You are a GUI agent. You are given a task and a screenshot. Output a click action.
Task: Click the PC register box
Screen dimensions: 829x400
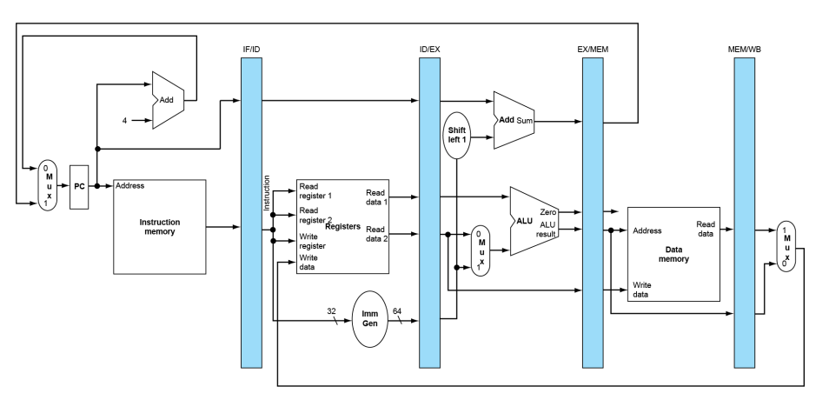pyautogui.click(x=79, y=187)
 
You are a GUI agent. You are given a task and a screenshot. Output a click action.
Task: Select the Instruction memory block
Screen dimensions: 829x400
pyautogui.click(x=160, y=227)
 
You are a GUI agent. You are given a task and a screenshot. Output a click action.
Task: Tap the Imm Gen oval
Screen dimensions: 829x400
pyautogui.click(x=370, y=319)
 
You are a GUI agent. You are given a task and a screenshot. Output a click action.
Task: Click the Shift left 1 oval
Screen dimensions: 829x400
pyautogui.click(x=456, y=135)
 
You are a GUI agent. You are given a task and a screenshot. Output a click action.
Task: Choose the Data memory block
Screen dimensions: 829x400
pyautogui.click(x=673, y=254)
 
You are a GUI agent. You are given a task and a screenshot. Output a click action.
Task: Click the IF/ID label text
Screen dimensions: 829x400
pyautogui.click(x=251, y=50)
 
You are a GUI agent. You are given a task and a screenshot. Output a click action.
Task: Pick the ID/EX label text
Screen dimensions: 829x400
pyautogui.click(x=430, y=50)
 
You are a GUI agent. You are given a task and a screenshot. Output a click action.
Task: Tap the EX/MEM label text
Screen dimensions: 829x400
pyautogui.click(x=593, y=50)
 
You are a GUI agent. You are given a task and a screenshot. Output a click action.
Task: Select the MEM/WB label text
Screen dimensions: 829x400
pyautogui.click(x=745, y=50)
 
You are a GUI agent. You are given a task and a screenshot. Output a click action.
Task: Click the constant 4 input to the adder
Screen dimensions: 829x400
pyautogui.click(x=125, y=121)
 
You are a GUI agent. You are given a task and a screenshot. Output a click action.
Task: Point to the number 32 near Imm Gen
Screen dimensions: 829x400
pyautogui.click(x=331, y=311)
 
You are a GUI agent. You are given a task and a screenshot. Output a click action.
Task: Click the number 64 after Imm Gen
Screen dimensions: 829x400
pyautogui.click(x=397, y=311)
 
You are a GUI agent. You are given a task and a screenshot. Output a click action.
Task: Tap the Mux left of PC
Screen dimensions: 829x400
pyautogui.click(x=48, y=186)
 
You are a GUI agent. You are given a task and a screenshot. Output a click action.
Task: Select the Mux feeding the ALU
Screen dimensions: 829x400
pyautogui.click(x=480, y=250)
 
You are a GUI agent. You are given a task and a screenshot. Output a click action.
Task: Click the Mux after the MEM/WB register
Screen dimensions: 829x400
pyautogui.click(x=786, y=247)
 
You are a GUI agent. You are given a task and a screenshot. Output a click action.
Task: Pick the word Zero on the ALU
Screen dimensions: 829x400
pyautogui.click(x=547, y=212)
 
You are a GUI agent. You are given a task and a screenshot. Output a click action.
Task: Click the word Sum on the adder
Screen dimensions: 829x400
pyautogui.click(x=525, y=121)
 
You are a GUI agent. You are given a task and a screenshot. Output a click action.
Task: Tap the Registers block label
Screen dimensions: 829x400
pyautogui.click(x=342, y=226)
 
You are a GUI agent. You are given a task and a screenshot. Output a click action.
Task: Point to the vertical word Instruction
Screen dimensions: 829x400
pyautogui.click(x=267, y=193)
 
